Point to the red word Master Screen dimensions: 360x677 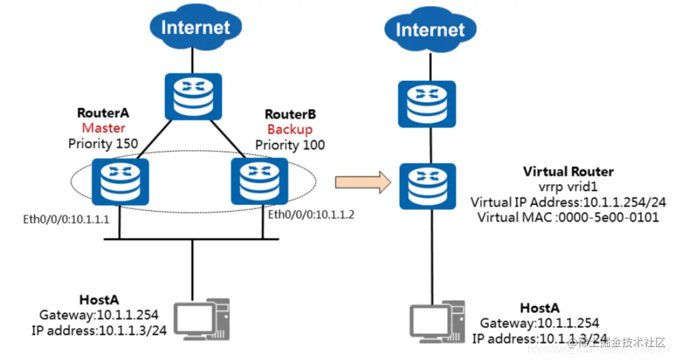click(104, 128)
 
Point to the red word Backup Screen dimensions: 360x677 click(289, 129)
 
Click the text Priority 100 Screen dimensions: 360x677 click(290, 145)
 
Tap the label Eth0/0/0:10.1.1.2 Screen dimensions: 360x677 click(312, 215)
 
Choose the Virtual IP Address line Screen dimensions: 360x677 click(568, 202)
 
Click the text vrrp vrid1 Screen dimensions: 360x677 click(568, 186)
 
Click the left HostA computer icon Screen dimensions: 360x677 click(202, 319)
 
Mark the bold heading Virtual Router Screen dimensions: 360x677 click(568, 171)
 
